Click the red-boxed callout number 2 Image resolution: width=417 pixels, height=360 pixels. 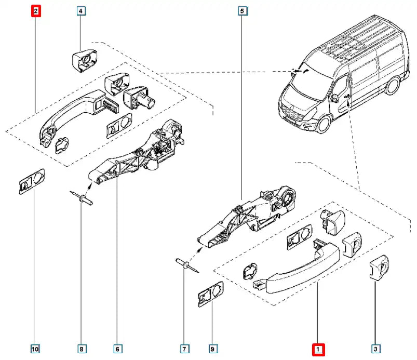[x=36, y=10]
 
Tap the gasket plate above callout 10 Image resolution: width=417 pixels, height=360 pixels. [x=31, y=181]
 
